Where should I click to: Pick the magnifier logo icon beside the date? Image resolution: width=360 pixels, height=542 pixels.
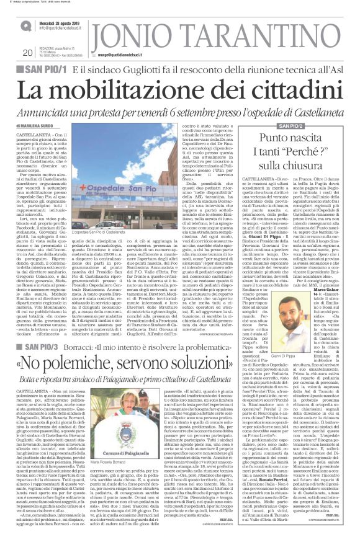click(x=25, y=25)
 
